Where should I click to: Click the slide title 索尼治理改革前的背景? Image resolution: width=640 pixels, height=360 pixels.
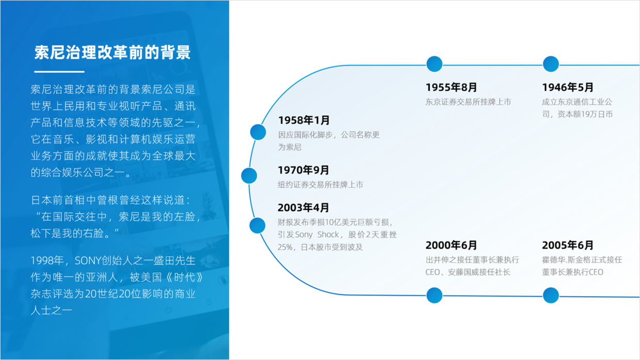(113, 53)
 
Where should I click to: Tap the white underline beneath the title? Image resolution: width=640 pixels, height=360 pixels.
(59, 72)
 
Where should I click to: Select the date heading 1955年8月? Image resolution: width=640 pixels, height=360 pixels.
(451, 87)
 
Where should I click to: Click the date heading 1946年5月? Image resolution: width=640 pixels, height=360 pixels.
(568, 87)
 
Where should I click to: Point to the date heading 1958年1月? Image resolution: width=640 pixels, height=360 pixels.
(303, 120)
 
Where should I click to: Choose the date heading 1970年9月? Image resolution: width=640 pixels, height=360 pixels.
(303, 170)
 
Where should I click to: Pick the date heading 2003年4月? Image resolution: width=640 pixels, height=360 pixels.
(303, 207)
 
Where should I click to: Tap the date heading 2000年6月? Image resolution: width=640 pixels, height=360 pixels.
(451, 245)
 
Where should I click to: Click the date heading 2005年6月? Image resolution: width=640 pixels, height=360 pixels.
(568, 245)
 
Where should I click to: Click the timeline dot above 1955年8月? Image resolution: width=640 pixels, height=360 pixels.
(434, 64)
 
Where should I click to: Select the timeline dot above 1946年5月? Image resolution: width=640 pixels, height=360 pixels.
(551, 64)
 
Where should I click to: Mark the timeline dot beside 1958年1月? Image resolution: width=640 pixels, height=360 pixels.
(258, 132)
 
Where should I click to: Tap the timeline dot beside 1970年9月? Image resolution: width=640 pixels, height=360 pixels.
(249, 175)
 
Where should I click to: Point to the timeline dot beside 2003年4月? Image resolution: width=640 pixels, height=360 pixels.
(258, 225)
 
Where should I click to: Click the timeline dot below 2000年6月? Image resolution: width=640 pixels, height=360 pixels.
(434, 295)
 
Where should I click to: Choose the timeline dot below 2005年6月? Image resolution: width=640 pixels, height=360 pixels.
(551, 295)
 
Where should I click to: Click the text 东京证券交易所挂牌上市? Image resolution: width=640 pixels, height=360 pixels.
(468, 102)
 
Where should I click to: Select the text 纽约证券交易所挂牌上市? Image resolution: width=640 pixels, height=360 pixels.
(321, 185)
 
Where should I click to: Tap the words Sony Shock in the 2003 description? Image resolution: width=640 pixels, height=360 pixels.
(316, 235)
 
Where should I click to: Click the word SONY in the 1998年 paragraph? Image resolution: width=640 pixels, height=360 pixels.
(88, 260)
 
